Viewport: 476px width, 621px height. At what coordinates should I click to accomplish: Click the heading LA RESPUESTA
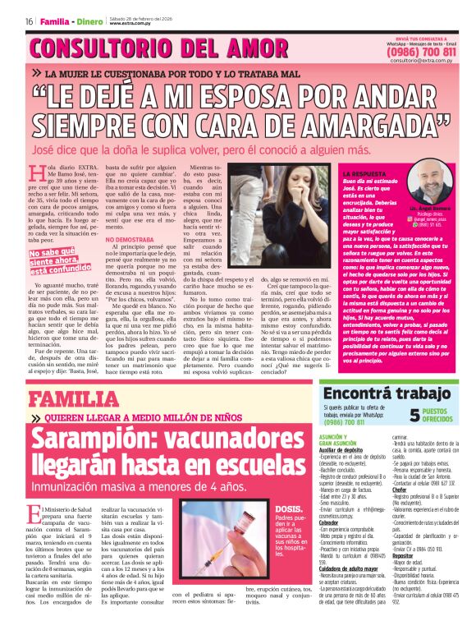click(364, 174)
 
